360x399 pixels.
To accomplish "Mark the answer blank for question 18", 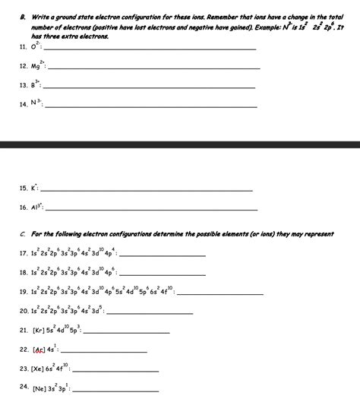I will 163,274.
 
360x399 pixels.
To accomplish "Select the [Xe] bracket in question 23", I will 39,371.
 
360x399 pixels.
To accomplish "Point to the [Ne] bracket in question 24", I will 40,389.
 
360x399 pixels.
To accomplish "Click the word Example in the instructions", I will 260,25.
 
